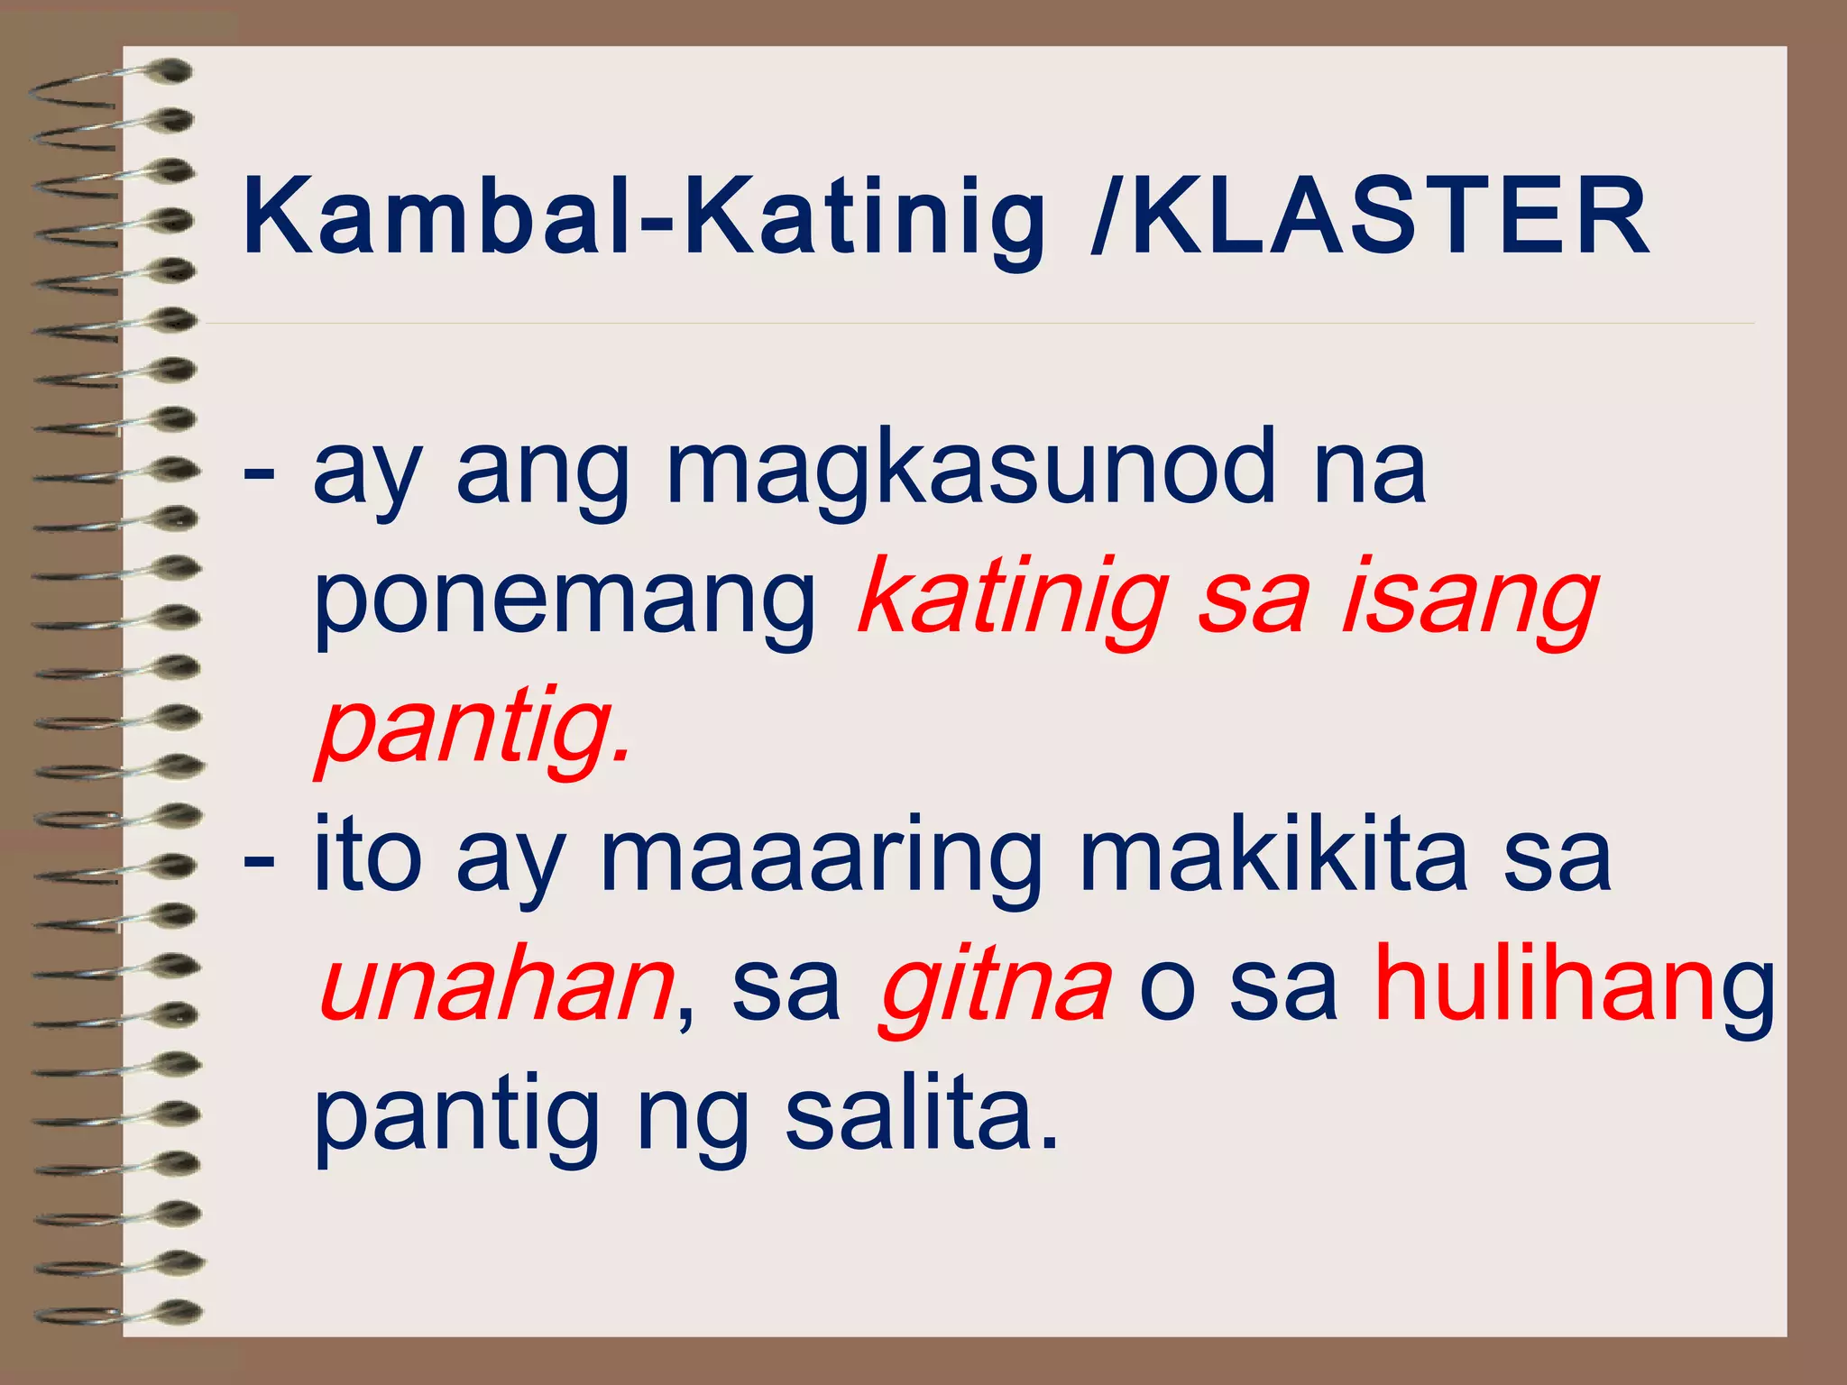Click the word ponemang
click(x=564, y=601)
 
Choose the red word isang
click(x=1470, y=600)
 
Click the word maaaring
click(x=821, y=858)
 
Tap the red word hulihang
click(x=1574, y=987)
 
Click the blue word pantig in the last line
click(x=455, y=1118)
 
